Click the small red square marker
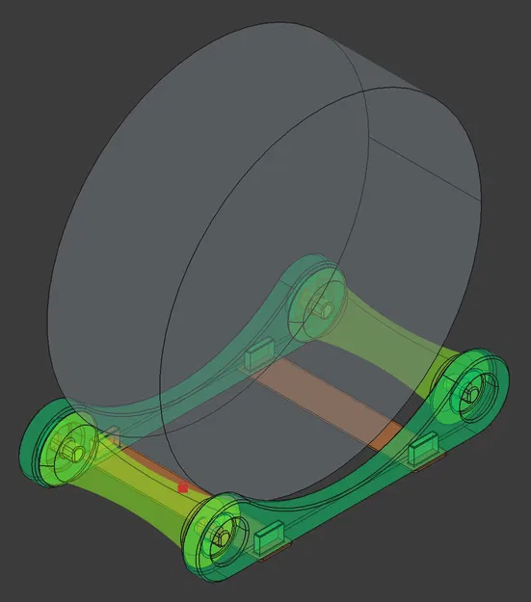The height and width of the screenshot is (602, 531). click(x=182, y=488)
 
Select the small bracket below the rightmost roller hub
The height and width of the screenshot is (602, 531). click(x=424, y=449)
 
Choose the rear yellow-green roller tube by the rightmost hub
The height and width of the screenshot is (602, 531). click(x=405, y=347)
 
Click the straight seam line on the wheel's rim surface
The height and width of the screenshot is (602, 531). click(x=424, y=164)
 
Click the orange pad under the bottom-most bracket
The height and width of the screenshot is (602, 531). click(x=273, y=551)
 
